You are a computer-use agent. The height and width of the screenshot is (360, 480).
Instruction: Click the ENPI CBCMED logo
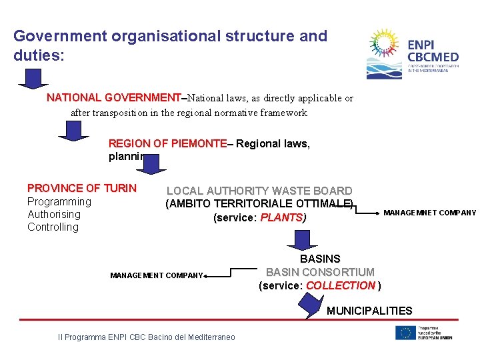[413, 54]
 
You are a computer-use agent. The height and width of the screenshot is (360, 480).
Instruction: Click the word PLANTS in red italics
[282, 218]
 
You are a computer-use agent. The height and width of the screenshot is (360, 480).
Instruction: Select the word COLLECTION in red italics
[341, 285]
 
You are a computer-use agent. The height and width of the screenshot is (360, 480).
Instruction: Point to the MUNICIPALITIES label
[369, 311]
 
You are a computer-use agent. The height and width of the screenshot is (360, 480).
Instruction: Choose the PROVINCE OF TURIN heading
[81, 189]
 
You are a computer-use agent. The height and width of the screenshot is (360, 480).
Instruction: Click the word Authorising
[54, 214]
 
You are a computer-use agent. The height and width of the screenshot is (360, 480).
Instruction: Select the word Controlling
[53, 227]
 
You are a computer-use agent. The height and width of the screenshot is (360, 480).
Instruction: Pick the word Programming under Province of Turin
[59, 201]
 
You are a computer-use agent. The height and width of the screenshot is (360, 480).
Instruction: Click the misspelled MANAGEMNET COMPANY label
[430, 213]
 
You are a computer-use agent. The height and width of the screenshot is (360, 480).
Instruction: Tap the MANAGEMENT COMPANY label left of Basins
[157, 275]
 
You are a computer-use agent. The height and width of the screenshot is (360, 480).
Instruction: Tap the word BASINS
[320, 259]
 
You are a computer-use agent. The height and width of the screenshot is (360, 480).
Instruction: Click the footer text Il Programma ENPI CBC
[147, 337]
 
